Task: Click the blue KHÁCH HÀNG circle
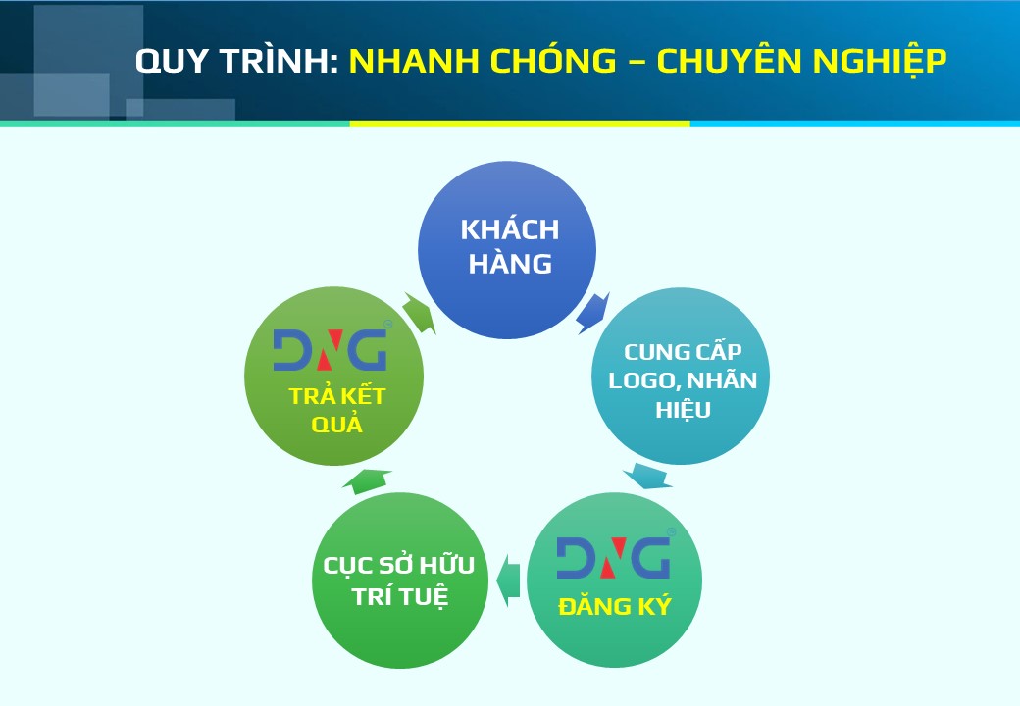tap(507, 250)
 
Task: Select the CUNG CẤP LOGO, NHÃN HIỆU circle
tap(681, 377)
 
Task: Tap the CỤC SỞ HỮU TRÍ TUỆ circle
tap(400, 580)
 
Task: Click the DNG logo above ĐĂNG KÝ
tap(614, 557)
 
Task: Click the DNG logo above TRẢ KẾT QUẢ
tap(331, 348)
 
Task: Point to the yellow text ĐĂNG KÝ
tap(615, 606)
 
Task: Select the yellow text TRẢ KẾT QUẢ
tap(337, 410)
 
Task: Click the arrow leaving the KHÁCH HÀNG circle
tap(592, 314)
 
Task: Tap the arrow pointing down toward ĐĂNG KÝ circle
tap(648, 476)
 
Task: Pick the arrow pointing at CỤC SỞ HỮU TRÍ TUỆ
tap(509, 580)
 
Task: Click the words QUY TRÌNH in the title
tap(236, 61)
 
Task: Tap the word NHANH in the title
tap(416, 61)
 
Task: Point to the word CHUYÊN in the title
tap(731, 60)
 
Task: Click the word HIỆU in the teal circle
tap(683, 410)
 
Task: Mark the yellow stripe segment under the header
tap(520, 124)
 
